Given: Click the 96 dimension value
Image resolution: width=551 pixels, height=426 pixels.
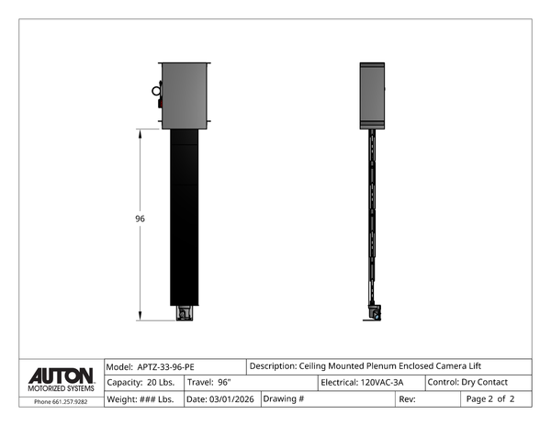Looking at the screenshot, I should [141, 219].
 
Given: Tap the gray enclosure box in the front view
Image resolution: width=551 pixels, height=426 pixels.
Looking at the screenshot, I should [186, 95].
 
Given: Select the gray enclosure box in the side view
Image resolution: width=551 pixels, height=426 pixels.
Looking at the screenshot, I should [372, 95].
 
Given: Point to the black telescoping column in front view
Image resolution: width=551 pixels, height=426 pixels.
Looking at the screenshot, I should [186, 220].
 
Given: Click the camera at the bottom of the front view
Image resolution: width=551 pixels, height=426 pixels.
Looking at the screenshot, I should [186, 314].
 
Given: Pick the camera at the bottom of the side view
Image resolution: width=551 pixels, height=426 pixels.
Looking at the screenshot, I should [374, 314].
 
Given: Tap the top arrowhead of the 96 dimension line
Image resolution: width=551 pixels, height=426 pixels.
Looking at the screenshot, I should [140, 132].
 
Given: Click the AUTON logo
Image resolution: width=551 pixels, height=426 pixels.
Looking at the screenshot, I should [61, 376].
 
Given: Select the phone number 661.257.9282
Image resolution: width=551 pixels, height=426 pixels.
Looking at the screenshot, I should [61, 401].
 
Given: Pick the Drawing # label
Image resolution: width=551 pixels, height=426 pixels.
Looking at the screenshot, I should [284, 399].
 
